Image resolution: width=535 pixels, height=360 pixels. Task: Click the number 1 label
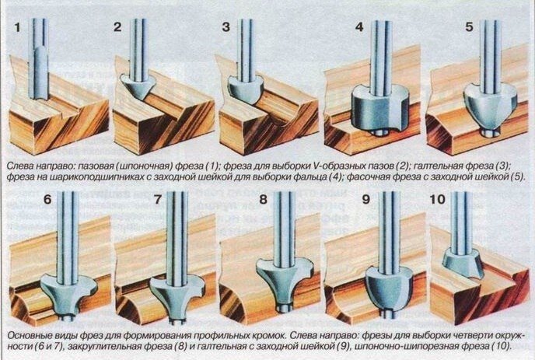click(x=17, y=27)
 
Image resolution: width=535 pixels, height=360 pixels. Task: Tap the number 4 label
click(x=359, y=27)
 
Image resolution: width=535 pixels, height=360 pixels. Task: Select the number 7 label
click(x=157, y=199)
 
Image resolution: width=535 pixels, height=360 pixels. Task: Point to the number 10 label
click(x=438, y=199)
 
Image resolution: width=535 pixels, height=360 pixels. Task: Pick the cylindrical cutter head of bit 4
click(x=379, y=109)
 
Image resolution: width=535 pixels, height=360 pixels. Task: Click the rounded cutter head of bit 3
click(x=245, y=90)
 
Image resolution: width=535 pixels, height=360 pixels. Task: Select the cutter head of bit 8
click(x=285, y=280)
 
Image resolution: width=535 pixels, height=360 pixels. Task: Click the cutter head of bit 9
click(x=389, y=288)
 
